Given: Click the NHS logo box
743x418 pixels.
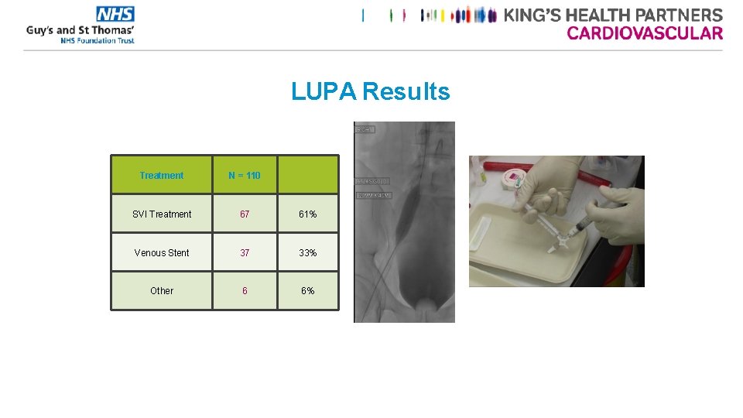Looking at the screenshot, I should pos(115,14).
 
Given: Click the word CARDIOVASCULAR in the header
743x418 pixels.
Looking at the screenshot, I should pos(645,33).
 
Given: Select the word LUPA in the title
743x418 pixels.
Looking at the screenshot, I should pos(324,92).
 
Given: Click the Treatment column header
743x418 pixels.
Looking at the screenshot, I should pos(162,176).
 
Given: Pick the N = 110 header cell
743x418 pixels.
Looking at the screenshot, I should pos(245,176).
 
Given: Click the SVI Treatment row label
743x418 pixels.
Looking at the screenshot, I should pos(162,214).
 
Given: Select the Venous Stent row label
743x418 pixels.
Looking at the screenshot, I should pos(162,253).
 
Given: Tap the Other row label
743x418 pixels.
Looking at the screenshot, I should pos(162,291).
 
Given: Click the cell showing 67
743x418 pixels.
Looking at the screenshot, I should pos(245,214).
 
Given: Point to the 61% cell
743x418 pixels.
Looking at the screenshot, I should pos(308,214).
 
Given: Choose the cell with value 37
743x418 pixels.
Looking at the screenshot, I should pos(245,253).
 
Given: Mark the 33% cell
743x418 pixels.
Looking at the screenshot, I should pos(308,253).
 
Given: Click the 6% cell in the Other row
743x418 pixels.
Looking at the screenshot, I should pos(308,291).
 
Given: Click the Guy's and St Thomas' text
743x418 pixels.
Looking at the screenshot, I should pos(80,30).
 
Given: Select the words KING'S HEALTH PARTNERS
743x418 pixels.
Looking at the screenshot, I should pos(613,15).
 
